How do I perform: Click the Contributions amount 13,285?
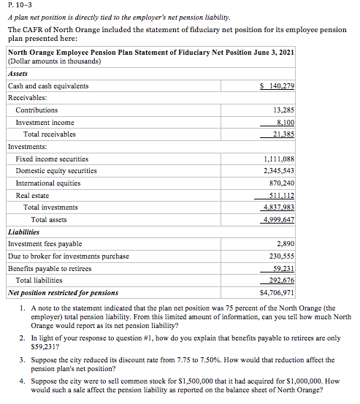tap(282, 110)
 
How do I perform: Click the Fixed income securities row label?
tap(52, 159)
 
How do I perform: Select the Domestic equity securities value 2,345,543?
tap(278, 171)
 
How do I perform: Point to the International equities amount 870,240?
tap(281, 183)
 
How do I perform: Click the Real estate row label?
tap(33, 195)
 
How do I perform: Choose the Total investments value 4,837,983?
tap(278, 207)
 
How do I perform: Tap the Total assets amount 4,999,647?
tap(278, 219)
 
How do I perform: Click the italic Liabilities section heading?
tap(23, 232)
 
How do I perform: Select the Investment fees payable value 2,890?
tap(286, 243)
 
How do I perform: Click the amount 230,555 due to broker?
tap(281, 256)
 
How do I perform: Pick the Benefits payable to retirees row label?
tap(50, 268)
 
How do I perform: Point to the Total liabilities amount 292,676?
tap(281, 280)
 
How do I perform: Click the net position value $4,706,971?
tap(277, 292)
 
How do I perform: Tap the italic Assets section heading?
tap(17, 74)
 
